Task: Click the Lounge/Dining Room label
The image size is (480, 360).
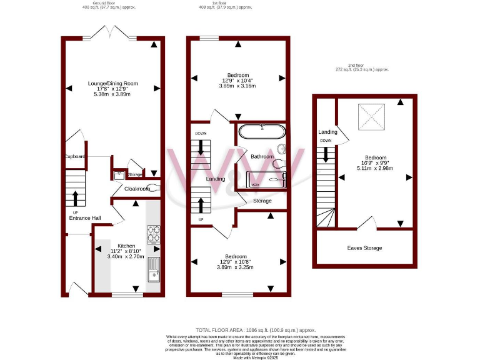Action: click(x=112, y=83)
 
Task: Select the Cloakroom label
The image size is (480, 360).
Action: click(x=136, y=188)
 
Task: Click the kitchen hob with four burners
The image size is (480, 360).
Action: click(x=154, y=234)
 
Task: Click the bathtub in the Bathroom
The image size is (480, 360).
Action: click(x=262, y=132)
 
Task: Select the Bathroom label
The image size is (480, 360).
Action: click(x=262, y=156)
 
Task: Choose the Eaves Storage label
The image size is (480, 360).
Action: click(x=364, y=248)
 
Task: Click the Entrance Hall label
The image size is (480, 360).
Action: click(x=85, y=217)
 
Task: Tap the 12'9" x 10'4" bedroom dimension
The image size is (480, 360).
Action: click(x=237, y=81)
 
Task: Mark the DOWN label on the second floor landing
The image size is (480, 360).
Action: click(x=326, y=141)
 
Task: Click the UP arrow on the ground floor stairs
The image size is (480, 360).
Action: click(x=76, y=197)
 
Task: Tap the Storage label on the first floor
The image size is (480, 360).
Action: click(x=262, y=201)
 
